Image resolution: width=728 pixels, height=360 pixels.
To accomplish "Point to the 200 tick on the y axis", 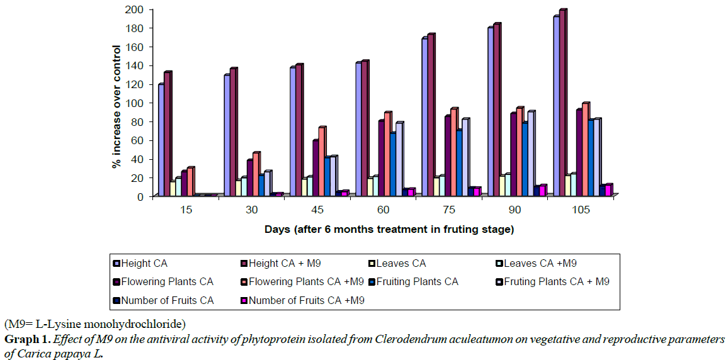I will (138, 9).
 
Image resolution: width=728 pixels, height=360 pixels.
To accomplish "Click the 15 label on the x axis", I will (186, 210).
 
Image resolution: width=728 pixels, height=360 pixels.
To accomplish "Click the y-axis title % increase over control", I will (116, 103).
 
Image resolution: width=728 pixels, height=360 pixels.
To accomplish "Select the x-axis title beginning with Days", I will (389, 229).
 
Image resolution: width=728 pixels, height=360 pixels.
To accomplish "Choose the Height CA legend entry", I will (144, 263).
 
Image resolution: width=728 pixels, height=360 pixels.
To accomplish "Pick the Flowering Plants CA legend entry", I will (167, 281).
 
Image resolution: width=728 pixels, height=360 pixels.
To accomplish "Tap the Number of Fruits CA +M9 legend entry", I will (306, 300).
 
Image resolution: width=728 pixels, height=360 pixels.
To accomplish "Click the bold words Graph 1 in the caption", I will (26, 339).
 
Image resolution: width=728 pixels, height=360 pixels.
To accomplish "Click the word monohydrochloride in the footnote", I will (139, 325).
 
